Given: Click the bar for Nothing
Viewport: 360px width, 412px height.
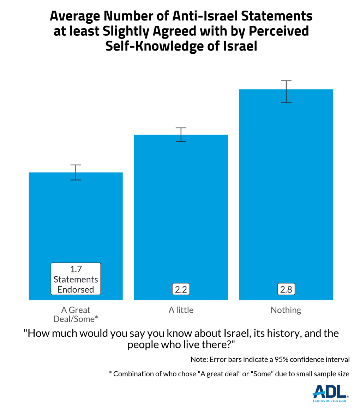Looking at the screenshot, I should [286, 194].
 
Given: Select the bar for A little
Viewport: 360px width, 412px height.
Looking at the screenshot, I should [181, 212].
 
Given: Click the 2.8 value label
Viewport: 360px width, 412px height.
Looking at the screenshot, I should [286, 290].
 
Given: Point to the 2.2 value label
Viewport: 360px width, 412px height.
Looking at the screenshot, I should [181, 290].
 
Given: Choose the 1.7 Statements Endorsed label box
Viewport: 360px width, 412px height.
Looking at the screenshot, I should [76, 279].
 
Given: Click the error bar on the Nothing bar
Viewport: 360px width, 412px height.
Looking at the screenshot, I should [286, 92].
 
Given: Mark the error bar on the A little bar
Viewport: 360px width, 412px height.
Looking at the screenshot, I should [181, 134].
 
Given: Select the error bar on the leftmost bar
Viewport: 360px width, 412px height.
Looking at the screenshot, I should [76, 172].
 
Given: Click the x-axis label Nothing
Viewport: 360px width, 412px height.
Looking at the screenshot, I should [286, 310].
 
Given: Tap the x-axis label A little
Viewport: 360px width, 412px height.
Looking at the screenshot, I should [181, 310].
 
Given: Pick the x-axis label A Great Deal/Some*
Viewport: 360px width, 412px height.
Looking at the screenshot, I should [76, 314].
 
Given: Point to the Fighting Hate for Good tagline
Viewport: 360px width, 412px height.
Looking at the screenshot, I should [330, 401].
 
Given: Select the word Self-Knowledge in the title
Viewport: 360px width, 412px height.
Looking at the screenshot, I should [153, 46].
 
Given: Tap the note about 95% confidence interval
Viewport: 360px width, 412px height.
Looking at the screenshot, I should [270, 360].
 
